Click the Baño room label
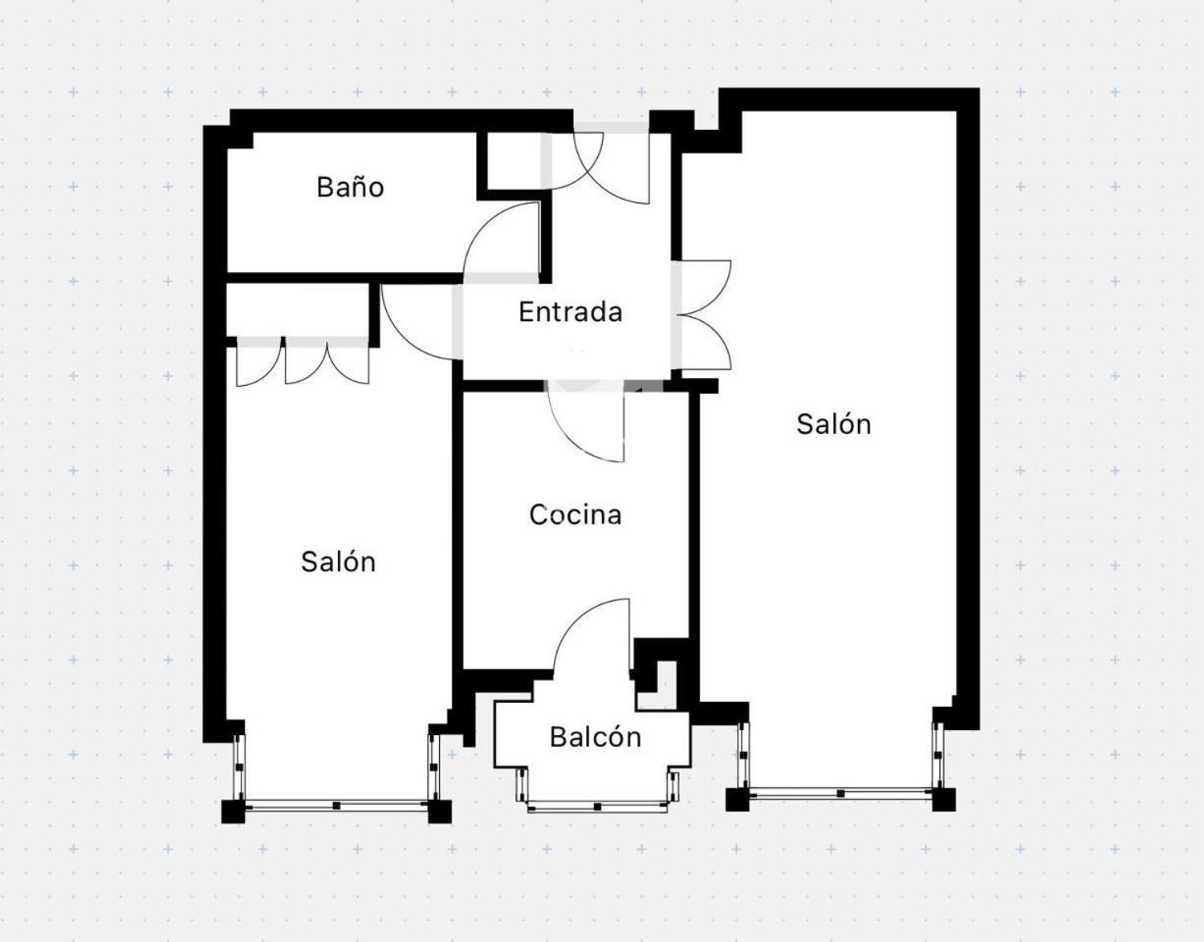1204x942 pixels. pos(350,187)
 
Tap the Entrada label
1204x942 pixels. pos(571,312)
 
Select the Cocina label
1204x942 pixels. pos(576,514)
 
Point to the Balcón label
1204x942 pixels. pos(596,737)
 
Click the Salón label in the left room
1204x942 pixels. pos(339,562)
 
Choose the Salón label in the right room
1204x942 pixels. pos(834,424)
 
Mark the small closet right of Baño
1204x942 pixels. pos(515,161)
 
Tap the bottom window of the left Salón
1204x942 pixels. pos(336,806)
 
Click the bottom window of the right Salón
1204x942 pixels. pos(840,794)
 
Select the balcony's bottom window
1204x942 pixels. pos(597,807)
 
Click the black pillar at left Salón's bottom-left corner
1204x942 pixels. pos(233,811)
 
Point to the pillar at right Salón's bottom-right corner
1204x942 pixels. pos(944,800)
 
